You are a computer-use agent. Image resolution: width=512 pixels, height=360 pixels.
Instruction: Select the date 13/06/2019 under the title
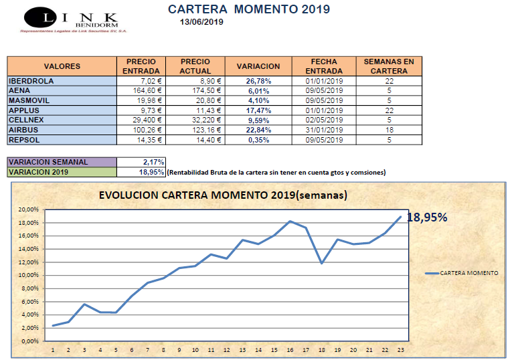point(202,21)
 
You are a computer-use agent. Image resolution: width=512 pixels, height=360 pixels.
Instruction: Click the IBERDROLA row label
point(30,81)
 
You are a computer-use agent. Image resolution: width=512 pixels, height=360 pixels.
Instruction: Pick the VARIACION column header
point(258,66)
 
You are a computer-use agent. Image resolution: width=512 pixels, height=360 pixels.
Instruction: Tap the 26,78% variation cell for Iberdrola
point(258,81)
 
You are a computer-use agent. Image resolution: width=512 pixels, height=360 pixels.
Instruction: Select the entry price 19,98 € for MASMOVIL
point(141,100)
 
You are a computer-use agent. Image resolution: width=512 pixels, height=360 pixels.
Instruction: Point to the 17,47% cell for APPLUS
point(258,110)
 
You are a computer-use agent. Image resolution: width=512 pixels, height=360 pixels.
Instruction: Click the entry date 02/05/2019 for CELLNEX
point(324,120)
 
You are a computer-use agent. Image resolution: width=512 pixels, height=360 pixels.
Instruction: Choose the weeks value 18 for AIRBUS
point(389,130)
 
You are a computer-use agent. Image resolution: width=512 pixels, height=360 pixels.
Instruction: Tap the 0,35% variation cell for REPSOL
point(258,140)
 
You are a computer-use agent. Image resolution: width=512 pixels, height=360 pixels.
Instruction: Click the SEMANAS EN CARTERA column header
point(389,66)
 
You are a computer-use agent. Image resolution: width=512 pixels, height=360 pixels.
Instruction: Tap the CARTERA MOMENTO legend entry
point(461,273)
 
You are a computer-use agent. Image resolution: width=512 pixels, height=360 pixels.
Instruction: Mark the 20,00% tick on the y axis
point(29,209)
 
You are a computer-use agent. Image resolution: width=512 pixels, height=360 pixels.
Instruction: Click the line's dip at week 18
point(322,263)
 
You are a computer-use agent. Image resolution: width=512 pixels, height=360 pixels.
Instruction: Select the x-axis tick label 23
point(400,350)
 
